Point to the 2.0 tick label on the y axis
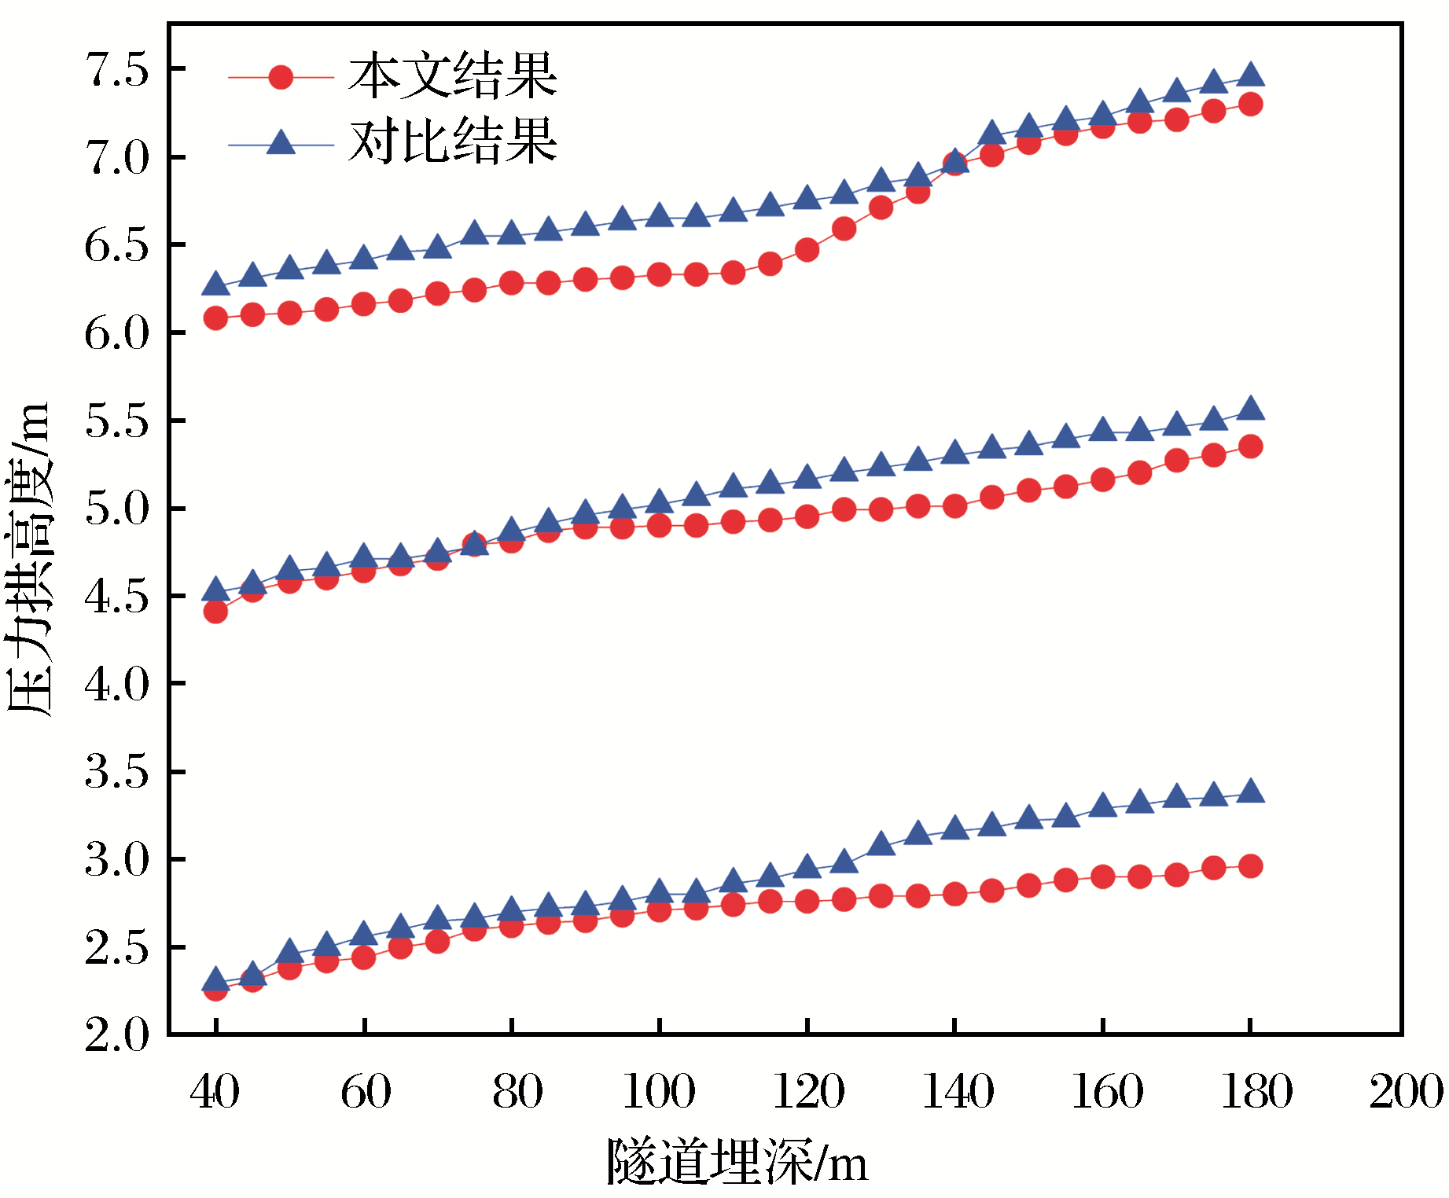pos(116,1035)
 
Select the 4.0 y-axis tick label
pos(116,685)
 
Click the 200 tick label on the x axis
pos(1407,1092)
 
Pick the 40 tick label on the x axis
pos(215,1092)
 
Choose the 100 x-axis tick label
pos(659,1092)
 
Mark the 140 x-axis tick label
pos(957,1092)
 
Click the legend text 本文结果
pos(453,77)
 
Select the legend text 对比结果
pos(453,142)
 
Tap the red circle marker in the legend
pos(281,77)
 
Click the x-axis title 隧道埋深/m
pos(737,1162)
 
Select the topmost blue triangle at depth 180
pos(1250,75)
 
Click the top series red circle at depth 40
pos(215,318)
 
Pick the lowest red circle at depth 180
pos(1250,866)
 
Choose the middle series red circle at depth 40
pos(215,612)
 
